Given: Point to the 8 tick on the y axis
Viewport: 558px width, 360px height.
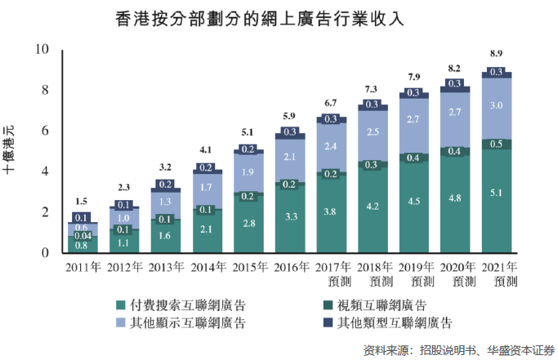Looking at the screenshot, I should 44,90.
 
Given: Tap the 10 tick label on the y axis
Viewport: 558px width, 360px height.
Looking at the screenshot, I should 42,49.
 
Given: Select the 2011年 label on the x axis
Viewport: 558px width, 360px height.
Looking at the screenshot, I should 83,266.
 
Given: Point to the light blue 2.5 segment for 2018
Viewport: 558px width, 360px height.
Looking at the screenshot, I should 372,131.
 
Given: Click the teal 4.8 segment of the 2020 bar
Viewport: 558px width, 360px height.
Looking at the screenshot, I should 455,198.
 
